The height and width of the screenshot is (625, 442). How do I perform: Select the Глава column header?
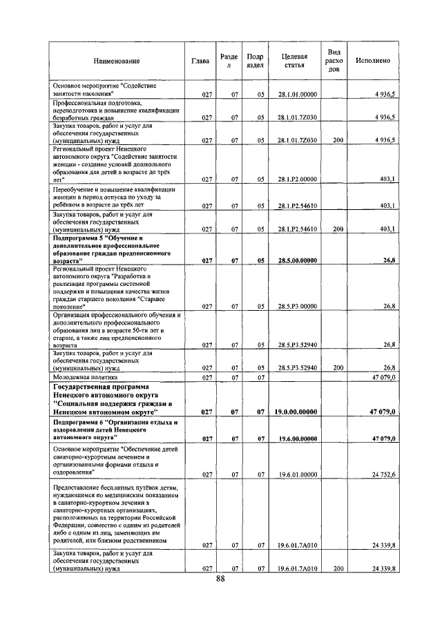tap(201, 61)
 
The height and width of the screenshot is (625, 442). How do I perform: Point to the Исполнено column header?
tap(372, 61)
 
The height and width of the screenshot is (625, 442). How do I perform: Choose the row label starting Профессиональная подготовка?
tap(116, 110)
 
